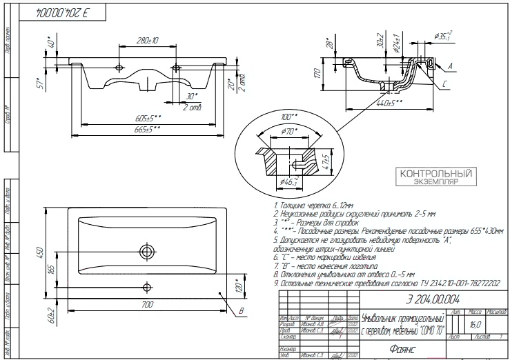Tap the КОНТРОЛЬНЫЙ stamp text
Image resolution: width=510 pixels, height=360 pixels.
point(429,177)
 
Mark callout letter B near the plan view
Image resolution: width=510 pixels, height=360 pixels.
point(241,312)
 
